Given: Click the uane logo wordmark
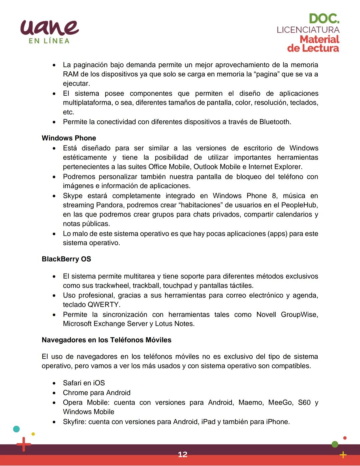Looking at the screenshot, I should coord(49,27).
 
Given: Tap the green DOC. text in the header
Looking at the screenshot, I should coord(324,19).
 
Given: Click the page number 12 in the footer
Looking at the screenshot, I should coord(183,454).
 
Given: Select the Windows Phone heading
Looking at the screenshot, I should coord(69,138).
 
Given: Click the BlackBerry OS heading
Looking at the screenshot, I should coord(66,259).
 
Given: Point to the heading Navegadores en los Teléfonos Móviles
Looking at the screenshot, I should coord(106,340).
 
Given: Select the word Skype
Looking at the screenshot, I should coord(73,196).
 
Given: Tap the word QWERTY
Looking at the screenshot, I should coord(103,305).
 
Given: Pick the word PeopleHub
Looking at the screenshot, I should coord(299,205).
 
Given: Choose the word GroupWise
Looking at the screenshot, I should coord(299,315).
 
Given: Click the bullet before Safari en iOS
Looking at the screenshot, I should coord(54,383).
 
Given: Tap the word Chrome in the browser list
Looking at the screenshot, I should coord(74,393).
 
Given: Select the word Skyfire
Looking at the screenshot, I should coord(74,422).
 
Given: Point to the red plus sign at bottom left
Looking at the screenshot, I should coord(23,444).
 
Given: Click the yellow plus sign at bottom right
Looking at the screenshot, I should coord(343,455).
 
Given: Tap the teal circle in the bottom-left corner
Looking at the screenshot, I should coord(16,429).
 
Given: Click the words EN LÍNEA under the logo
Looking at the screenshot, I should coord(49,41).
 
